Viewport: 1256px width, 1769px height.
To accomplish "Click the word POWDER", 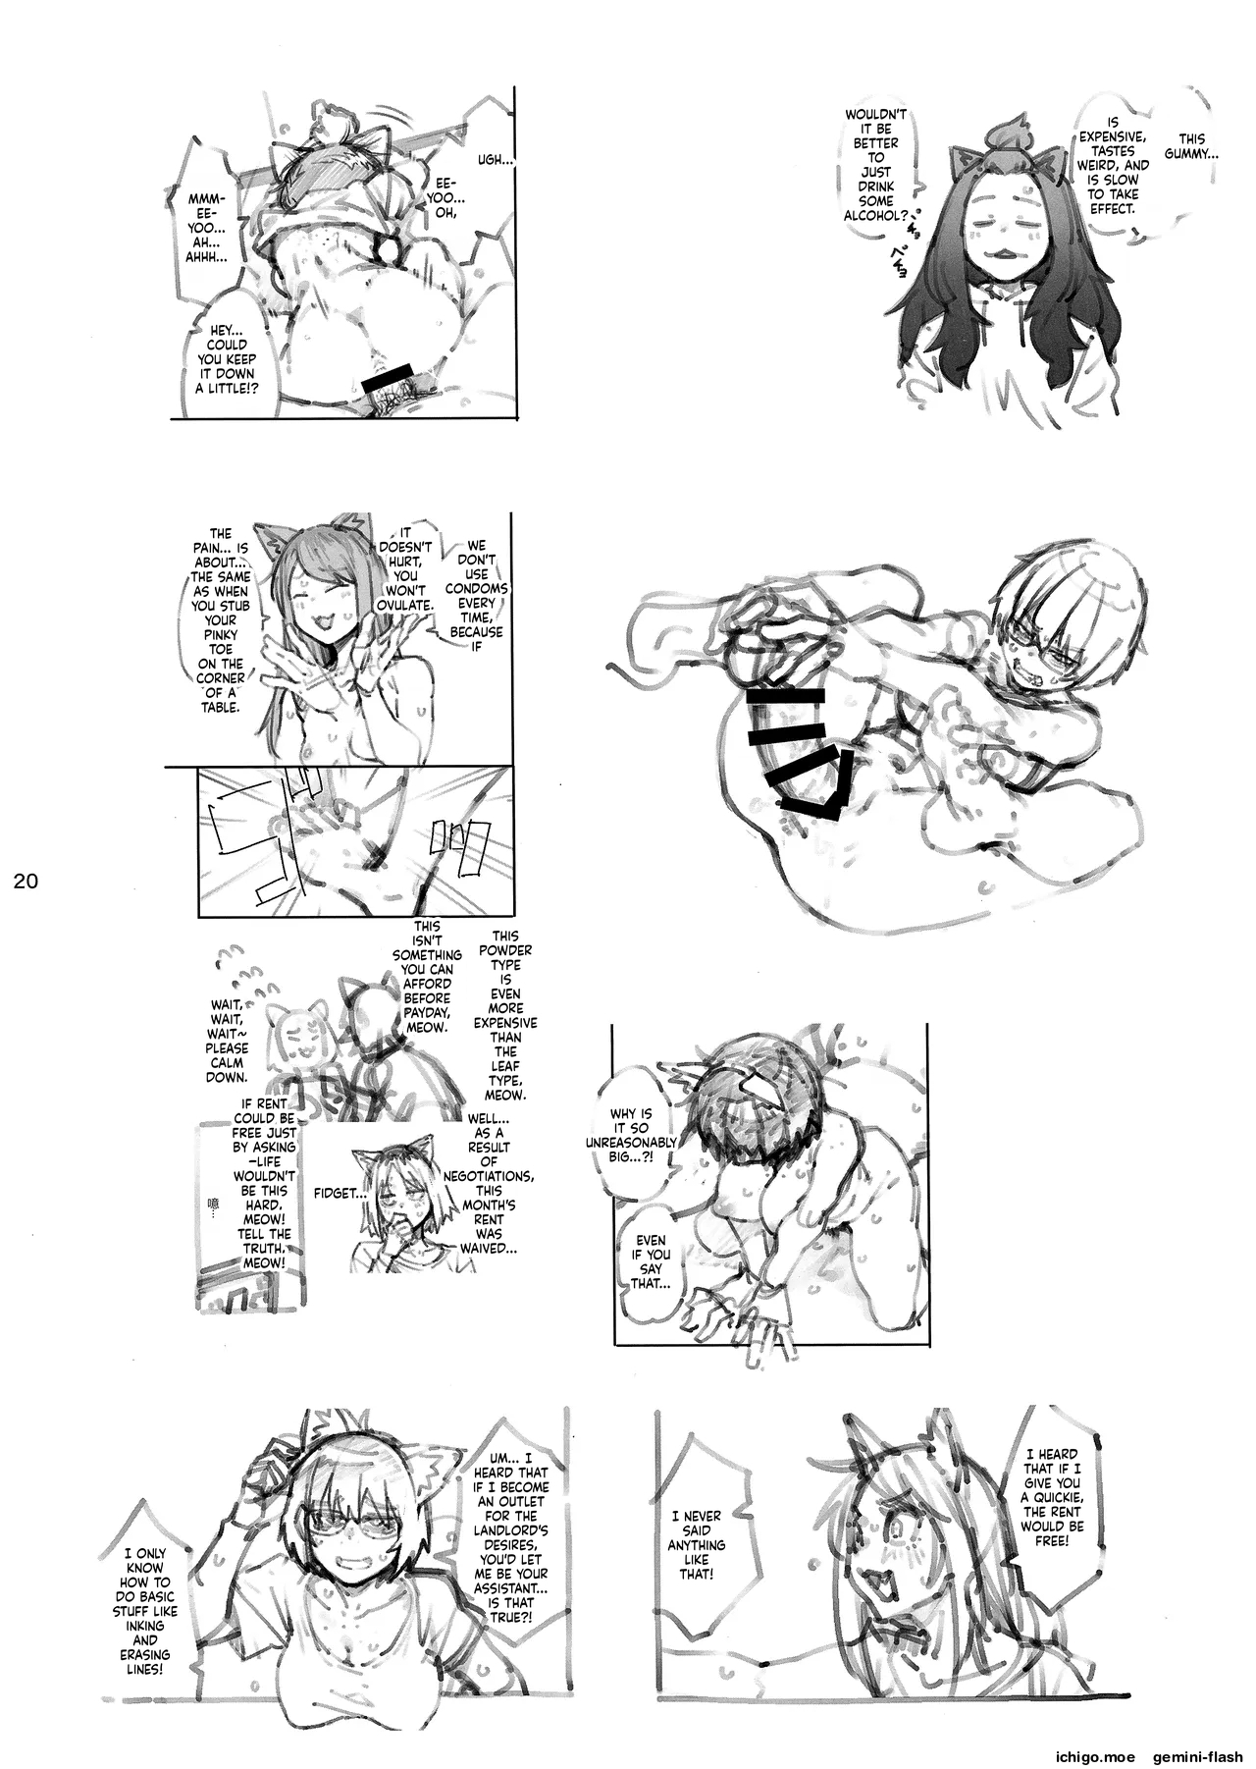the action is coord(506,950).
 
